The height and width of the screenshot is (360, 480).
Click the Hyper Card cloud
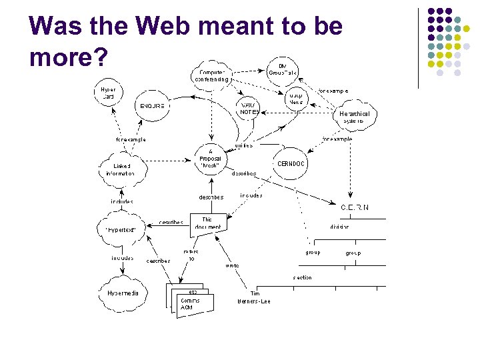[108, 94]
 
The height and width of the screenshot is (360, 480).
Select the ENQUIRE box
[152, 105]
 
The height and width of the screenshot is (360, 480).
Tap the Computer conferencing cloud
[212, 75]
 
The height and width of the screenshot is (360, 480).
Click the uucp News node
[296, 98]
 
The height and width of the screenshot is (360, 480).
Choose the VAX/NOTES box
[249, 109]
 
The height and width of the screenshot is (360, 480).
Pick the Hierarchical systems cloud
[354, 117]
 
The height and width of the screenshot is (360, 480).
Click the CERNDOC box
[291, 163]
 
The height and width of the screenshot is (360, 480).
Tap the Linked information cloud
[120, 169]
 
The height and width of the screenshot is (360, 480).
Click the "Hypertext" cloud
[121, 229]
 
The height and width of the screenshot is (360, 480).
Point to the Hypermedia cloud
[123, 293]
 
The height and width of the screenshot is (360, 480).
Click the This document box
[207, 223]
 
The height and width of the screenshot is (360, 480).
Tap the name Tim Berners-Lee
[255, 297]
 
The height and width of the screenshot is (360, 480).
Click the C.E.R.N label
[355, 207]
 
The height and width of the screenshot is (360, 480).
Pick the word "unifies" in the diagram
[243, 145]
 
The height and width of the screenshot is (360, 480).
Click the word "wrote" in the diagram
[232, 265]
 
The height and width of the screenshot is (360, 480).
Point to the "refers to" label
[191, 255]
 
